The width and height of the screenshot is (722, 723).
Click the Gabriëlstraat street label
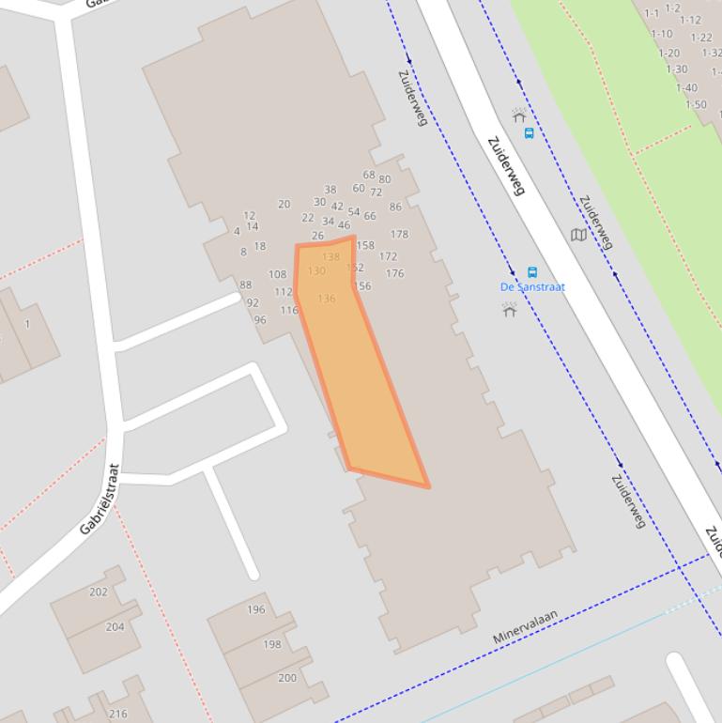(x=100, y=500)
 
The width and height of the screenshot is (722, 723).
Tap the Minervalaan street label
(x=525, y=626)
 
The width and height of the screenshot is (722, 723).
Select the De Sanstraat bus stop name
(x=532, y=286)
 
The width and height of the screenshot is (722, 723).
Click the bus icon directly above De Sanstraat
(x=532, y=272)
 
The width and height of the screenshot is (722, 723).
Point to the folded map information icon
(x=578, y=235)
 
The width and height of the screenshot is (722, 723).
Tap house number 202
(x=99, y=592)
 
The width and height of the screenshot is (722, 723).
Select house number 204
(x=115, y=626)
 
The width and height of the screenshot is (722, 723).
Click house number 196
(x=256, y=609)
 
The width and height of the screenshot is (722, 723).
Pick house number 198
(x=272, y=644)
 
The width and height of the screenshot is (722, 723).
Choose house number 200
(x=287, y=678)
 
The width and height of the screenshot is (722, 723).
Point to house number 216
(x=118, y=714)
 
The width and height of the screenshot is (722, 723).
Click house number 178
(x=399, y=235)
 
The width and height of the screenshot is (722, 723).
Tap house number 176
(x=394, y=274)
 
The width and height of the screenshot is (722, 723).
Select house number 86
(x=395, y=207)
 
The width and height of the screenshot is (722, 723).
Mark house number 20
(x=284, y=204)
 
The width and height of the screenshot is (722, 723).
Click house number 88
(x=246, y=285)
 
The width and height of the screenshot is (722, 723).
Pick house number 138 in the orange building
(x=330, y=256)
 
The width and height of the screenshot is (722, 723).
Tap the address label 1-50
(x=696, y=104)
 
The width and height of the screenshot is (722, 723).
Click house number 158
(x=365, y=246)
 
